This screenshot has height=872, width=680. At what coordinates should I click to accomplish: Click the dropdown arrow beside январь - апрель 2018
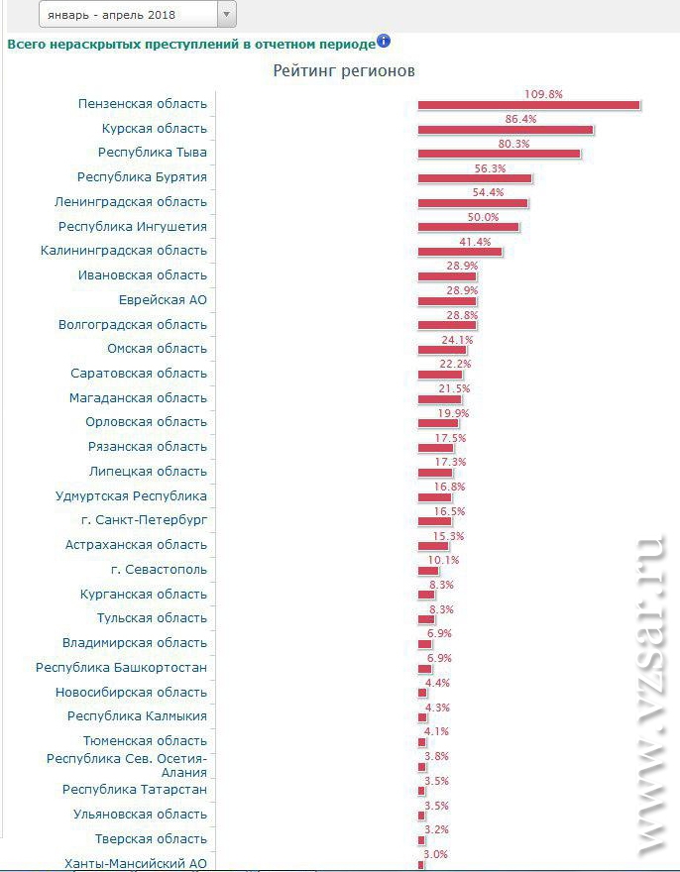click(226, 14)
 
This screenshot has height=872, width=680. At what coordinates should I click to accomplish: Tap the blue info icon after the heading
click(384, 42)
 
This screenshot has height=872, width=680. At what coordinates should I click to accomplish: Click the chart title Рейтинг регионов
click(344, 71)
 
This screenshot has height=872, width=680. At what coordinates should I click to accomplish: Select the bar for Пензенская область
click(528, 105)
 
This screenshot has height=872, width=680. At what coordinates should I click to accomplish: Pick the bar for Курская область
click(506, 130)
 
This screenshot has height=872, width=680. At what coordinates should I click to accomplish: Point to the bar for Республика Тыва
click(499, 155)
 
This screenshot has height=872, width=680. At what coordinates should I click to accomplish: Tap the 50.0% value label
click(483, 217)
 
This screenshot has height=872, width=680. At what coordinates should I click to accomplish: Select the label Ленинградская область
click(131, 202)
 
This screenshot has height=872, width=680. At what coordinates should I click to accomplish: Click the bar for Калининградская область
click(460, 252)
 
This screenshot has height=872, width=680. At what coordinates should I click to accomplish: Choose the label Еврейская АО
click(163, 299)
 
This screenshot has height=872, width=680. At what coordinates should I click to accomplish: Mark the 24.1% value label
click(457, 340)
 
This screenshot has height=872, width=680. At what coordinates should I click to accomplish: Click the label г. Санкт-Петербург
click(145, 520)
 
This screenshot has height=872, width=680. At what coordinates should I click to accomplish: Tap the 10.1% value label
click(443, 560)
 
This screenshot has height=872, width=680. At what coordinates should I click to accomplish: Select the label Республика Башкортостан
click(121, 668)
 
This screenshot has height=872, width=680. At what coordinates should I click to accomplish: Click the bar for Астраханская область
click(433, 546)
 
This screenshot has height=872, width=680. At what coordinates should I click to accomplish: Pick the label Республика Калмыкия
click(137, 716)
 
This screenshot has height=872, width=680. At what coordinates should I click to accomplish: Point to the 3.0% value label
click(436, 854)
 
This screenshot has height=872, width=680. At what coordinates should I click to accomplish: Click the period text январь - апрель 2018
click(111, 15)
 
